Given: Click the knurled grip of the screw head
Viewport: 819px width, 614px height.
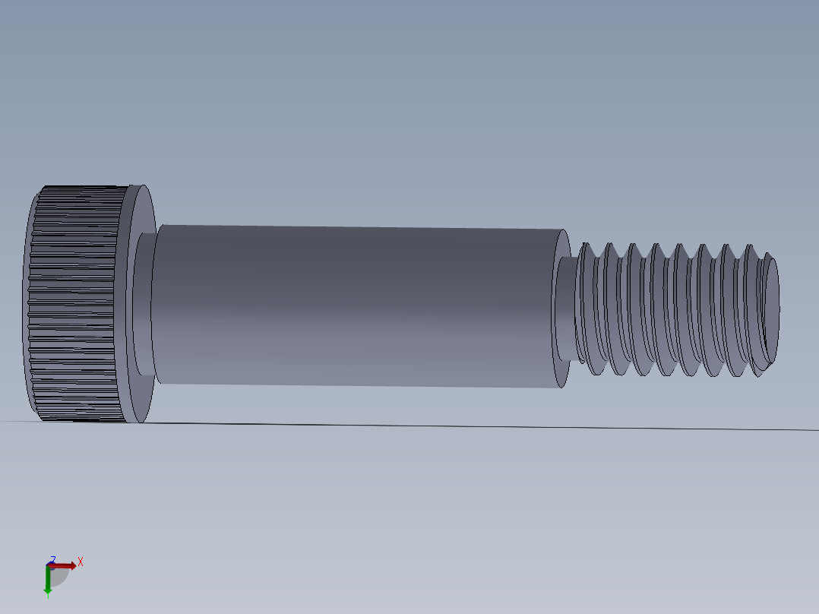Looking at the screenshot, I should (76, 304).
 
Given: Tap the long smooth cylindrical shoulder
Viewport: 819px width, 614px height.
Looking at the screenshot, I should (357, 304).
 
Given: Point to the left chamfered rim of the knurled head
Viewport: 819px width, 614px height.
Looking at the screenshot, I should (30, 304).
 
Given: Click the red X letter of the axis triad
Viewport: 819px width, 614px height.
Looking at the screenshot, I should (81, 562).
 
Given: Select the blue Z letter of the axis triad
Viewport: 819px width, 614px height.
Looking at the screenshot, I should (52, 559).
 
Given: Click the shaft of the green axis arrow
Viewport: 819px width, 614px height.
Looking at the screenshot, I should (48, 577).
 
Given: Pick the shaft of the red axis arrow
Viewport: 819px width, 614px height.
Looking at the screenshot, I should (61, 565).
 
